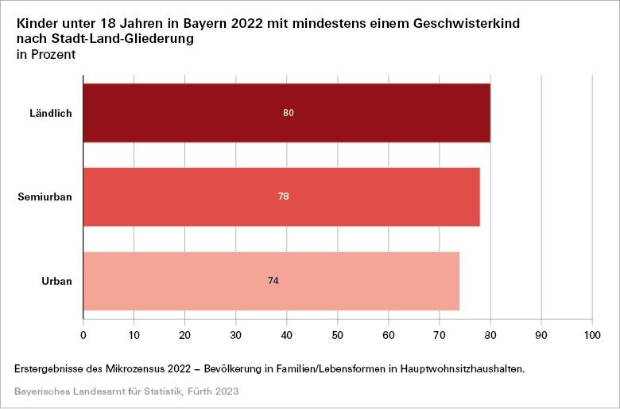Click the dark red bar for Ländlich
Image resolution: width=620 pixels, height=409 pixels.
[x=199, y=113]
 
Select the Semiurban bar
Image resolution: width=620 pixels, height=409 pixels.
[x=199, y=197]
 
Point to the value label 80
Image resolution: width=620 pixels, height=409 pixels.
[x=289, y=113]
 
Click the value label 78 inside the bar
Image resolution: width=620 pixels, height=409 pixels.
[x=284, y=197]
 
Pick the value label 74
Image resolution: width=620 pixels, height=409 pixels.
[x=273, y=281]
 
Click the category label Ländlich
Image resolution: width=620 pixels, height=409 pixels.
[x=51, y=113]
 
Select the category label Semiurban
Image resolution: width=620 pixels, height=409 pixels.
[x=45, y=197]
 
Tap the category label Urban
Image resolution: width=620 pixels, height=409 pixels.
[x=57, y=281]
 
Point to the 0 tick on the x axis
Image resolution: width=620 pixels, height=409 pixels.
[x=83, y=335]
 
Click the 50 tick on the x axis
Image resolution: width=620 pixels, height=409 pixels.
[x=338, y=335]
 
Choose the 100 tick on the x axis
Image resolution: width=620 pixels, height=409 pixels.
[x=592, y=335]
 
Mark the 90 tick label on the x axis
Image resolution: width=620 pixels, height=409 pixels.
[x=541, y=335]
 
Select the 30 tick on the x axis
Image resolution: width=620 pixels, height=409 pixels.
[x=236, y=335]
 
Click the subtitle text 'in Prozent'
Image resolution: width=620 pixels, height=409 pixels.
[x=46, y=55]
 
